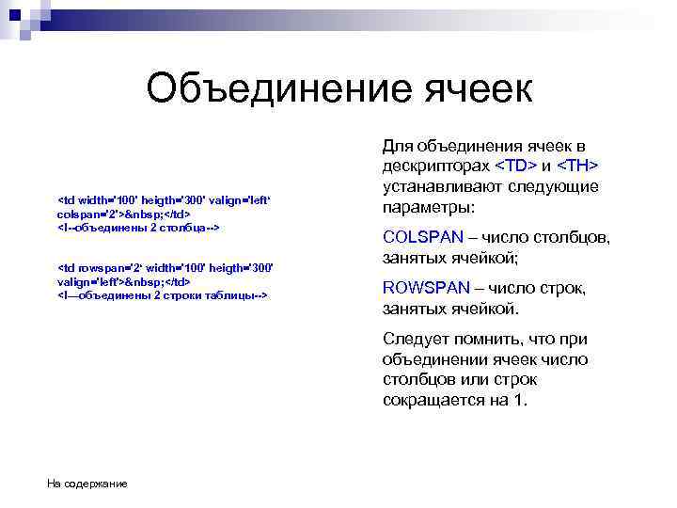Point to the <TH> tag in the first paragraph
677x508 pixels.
click(x=578, y=166)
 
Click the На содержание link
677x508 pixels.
click(x=87, y=484)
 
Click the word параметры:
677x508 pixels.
click(x=429, y=206)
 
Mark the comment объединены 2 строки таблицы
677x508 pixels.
click(x=164, y=294)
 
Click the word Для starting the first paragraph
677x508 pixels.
click(x=399, y=145)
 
